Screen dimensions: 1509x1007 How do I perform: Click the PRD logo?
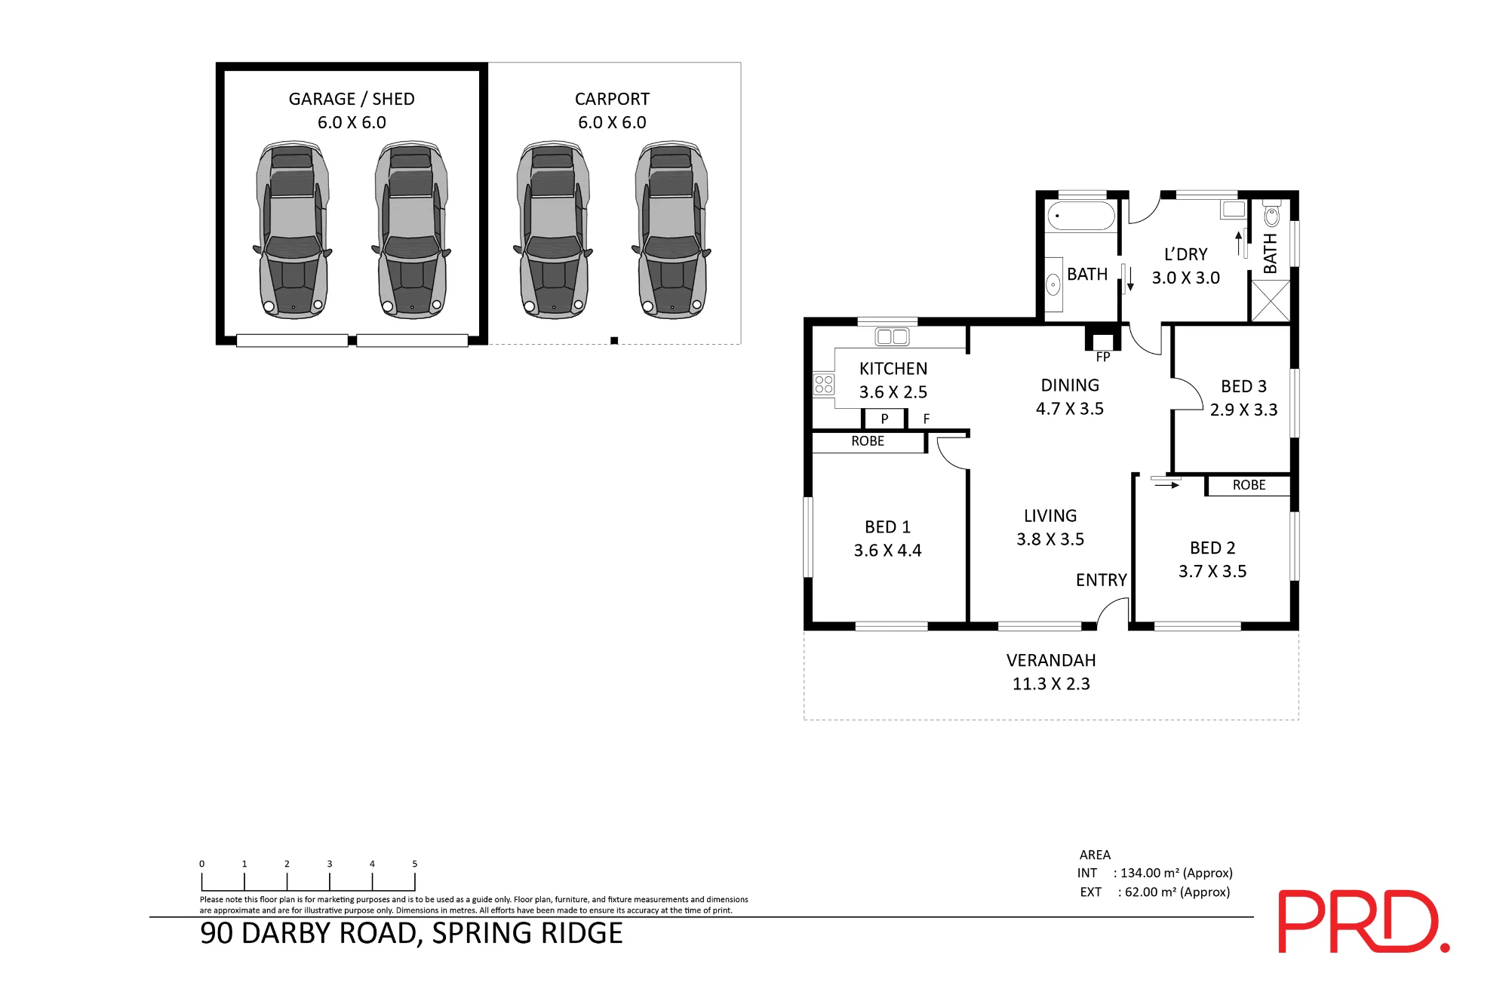click(x=1363, y=921)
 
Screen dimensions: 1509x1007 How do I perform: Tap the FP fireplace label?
click(x=1103, y=357)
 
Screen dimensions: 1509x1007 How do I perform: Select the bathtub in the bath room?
click(x=1081, y=216)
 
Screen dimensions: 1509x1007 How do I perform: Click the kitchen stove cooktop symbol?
click(x=824, y=385)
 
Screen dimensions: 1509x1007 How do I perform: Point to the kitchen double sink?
click(x=893, y=337)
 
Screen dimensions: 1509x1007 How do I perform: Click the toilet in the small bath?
click(x=1271, y=214)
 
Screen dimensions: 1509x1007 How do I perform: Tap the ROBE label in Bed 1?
click(x=868, y=441)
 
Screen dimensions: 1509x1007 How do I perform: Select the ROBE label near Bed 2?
click(x=1249, y=485)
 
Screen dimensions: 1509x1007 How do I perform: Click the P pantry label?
click(x=884, y=419)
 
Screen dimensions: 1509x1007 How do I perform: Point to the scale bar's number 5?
click(x=415, y=864)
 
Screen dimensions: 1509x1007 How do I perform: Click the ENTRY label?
click(x=1102, y=580)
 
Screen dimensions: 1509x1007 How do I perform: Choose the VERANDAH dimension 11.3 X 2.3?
click(x=1051, y=684)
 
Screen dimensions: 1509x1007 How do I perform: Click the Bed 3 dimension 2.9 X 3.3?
click(x=1244, y=410)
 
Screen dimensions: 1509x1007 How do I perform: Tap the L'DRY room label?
click(x=1185, y=255)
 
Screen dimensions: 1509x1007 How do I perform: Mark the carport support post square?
click(x=614, y=340)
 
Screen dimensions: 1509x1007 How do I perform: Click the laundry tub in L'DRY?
click(x=1234, y=210)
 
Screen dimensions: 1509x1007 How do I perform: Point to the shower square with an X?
click(x=1271, y=300)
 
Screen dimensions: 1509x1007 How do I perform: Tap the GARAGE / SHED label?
click(x=352, y=99)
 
